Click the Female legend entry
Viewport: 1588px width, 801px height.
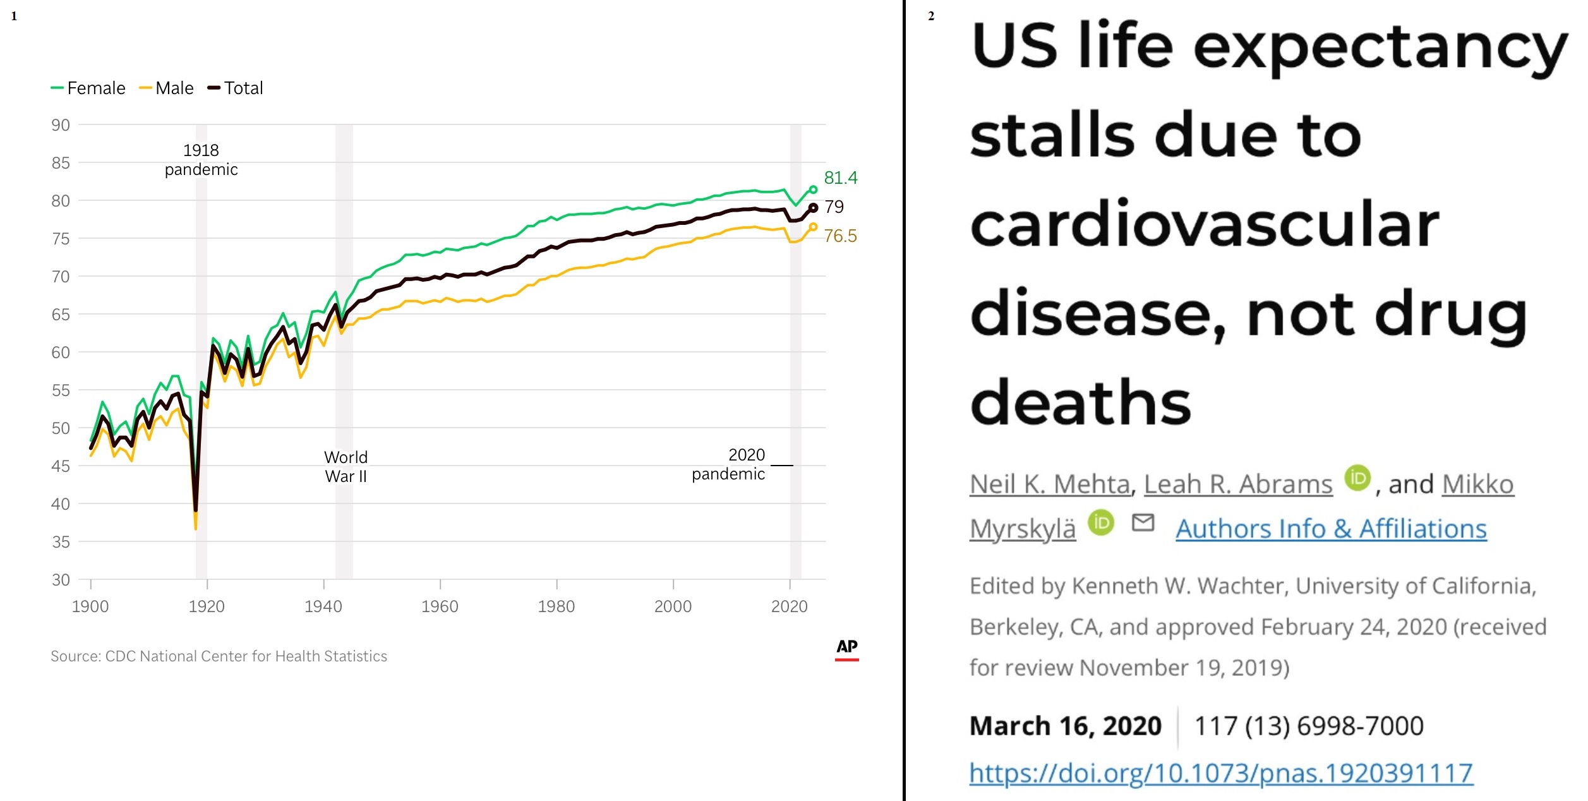(88, 88)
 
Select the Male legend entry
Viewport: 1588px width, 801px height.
(167, 88)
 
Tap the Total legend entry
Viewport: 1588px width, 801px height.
(236, 88)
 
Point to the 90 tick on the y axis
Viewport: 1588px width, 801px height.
(61, 125)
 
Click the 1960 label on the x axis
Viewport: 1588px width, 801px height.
(440, 606)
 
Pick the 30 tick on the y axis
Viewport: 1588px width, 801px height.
(61, 580)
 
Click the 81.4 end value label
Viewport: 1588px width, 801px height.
(841, 178)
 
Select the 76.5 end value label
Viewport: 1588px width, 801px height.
(840, 236)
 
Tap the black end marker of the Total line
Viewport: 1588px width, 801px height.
(814, 207)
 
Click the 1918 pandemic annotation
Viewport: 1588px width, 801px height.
(201, 160)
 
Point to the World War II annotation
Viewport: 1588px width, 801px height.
(346, 467)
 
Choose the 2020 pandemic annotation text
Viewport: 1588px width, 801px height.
(729, 464)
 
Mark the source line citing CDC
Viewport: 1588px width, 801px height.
(219, 656)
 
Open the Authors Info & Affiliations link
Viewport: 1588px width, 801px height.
(1331, 529)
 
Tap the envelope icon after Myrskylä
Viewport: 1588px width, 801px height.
(1143, 522)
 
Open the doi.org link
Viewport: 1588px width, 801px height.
(1221, 773)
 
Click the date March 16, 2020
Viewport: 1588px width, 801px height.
(1066, 726)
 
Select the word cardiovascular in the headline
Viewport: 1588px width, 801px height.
(1205, 224)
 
